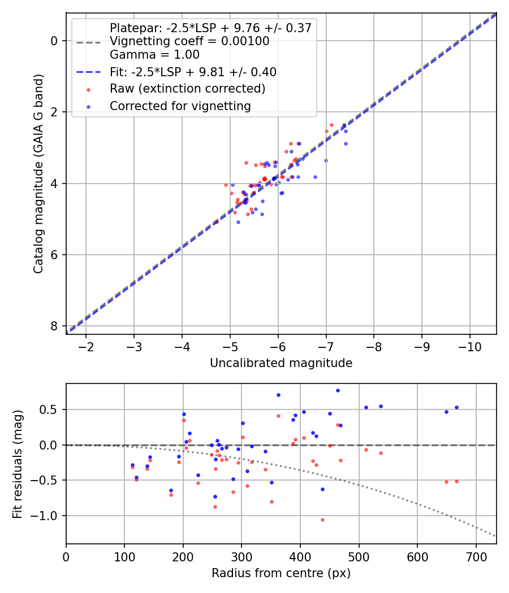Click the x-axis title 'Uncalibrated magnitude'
(x=281, y=363)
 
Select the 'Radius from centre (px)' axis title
(x=281, y=573)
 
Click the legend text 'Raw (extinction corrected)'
(x=187, y=89)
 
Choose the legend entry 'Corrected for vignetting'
(x=180, y=106)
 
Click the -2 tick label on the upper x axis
(x=86, y=346)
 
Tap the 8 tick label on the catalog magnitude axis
(x=54, y=326)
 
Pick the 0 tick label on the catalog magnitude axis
(x=54, y=41)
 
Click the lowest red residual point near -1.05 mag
(x=322, y=520)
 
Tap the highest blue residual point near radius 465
(x=338, y=390)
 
